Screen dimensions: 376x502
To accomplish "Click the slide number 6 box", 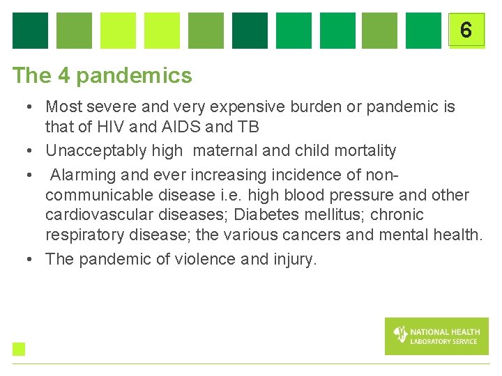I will click(x=466, y=30).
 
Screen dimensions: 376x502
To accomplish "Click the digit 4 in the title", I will click(x=65, y=75).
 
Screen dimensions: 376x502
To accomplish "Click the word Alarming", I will click(x=83, y=174).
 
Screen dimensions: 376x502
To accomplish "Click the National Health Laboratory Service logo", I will click(x=436, y=336).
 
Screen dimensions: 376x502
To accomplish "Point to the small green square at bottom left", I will click(x=19, y=349).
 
